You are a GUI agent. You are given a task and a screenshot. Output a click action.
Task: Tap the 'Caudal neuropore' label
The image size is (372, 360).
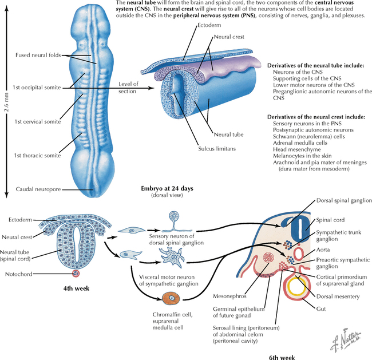(x=38, y=189)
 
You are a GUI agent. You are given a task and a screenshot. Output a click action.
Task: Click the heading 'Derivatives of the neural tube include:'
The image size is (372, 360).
(x=316, y=66)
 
